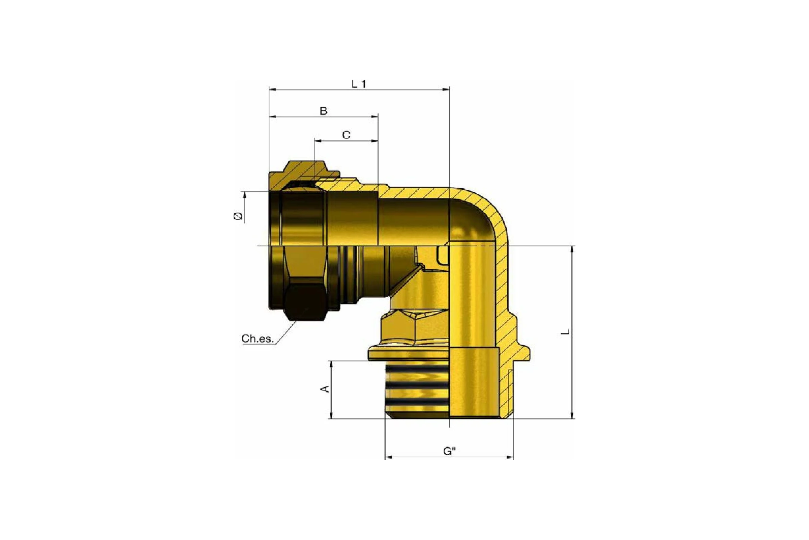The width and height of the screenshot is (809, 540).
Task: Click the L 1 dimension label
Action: [x=359, y=84]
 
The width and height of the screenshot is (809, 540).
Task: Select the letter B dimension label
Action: [x=323, y=111]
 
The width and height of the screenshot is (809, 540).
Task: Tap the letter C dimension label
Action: [x=346, y=135]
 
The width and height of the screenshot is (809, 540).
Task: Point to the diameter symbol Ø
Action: [x=238, y=216]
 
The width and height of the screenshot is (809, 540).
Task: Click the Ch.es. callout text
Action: [x=258, y=339]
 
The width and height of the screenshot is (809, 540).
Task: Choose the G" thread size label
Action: [x=449, y=451]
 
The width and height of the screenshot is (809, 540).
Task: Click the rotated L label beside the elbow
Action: [x=565, y=332]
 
